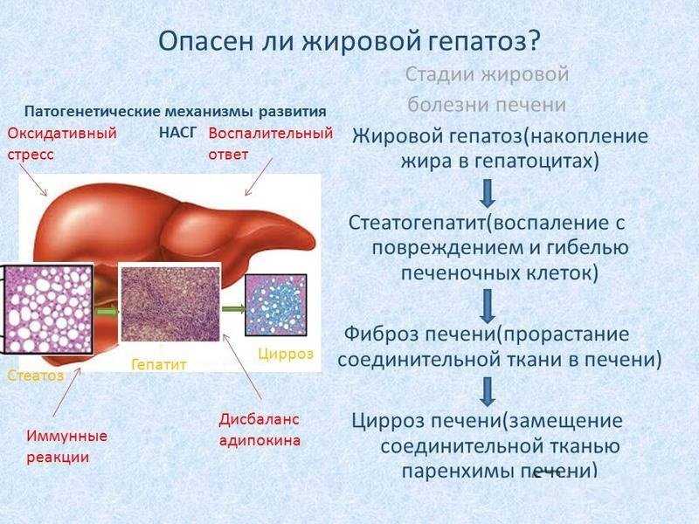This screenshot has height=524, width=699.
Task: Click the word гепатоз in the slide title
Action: (x=479, y=41)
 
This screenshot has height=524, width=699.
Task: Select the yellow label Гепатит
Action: (x=158, y=364)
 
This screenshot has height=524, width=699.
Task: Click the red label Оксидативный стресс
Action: (x=62, y=143)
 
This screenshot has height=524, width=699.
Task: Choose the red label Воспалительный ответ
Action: (x=271, y=143)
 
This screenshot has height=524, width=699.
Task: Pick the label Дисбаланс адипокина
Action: (x=260, y=429)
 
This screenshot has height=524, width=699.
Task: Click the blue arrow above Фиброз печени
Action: (x=488, y=305)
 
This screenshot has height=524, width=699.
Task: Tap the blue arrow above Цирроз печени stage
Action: (x=488, y=390)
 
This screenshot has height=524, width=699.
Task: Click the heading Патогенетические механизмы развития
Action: (x=175, y=112)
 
